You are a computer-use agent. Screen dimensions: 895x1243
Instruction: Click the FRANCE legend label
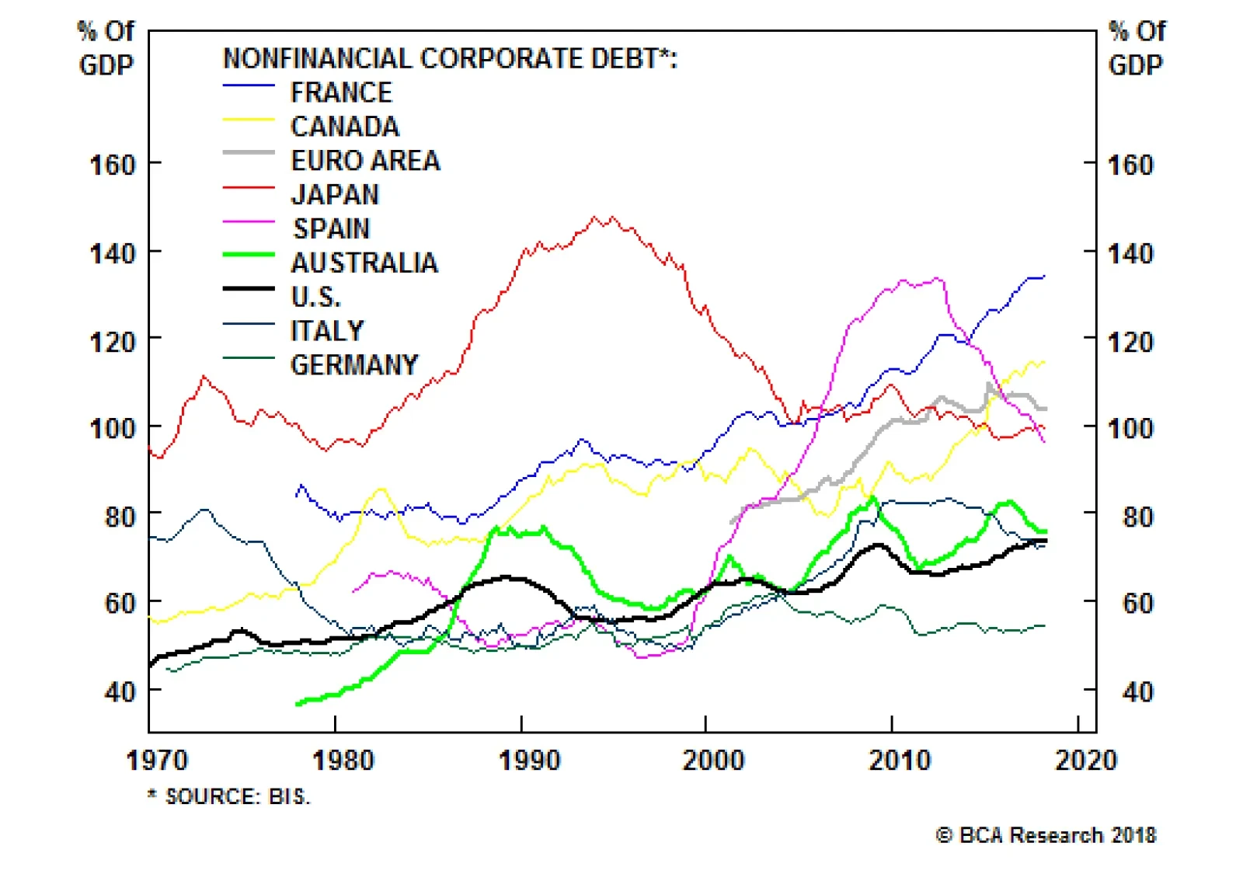click(341, 92)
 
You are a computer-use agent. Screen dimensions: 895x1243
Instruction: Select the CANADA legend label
click(345, 127)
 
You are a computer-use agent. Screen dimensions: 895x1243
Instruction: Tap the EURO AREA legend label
click(365, 161)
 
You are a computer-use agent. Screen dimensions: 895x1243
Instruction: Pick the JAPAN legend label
click(335, 194)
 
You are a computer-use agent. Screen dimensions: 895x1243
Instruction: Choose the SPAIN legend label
click(331, 228)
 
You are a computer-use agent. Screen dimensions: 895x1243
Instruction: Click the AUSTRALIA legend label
click(364, 263)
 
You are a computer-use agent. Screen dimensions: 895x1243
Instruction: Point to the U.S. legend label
click(315, 297)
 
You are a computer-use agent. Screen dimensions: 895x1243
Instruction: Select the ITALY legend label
click(327, 331)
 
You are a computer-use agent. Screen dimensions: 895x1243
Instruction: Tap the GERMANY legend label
click(354, 365)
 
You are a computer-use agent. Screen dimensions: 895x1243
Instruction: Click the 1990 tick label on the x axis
click(529, 760)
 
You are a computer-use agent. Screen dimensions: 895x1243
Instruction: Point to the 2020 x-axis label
click(1085, 760)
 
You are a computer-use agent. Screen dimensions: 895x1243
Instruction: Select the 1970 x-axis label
click(157, 760)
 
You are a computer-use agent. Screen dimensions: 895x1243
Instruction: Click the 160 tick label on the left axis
click(113, 165)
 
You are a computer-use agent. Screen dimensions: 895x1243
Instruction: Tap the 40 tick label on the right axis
click(1137, 691)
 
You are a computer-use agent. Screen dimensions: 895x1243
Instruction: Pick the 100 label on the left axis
click(113, 428)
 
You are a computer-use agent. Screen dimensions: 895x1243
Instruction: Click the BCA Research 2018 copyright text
click(1046, 835)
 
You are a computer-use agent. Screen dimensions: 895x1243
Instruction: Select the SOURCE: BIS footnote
click(230, 796)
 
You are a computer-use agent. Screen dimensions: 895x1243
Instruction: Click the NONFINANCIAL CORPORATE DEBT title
click(450, 58)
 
